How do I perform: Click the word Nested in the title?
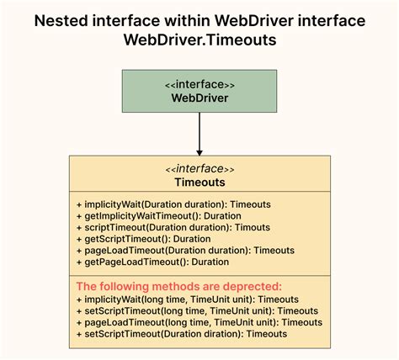point(61,21)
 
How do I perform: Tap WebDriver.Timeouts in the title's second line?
point(199,40)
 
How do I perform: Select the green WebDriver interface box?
point(199,91)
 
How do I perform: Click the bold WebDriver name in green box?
point(199,98)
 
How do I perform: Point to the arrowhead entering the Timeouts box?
point(199,153)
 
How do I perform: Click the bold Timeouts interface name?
point(199,183)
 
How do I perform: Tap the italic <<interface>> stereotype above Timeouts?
point(199,169)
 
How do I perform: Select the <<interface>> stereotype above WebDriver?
point(199,84)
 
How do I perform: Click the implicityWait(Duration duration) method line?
point(173,204)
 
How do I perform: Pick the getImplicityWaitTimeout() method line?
point(159,216)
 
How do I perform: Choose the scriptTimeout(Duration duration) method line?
point(173,227)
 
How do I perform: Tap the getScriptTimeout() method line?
point(144,239)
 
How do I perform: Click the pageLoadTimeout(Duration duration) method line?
point(185,251)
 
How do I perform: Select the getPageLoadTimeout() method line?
point(152,262)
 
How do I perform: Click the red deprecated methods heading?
point(179,287)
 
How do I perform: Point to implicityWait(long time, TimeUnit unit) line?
point(188,299)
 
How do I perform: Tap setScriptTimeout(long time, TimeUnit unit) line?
point(197,311)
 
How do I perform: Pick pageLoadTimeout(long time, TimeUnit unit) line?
point(199,322)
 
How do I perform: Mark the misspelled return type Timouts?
point(253,227)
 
